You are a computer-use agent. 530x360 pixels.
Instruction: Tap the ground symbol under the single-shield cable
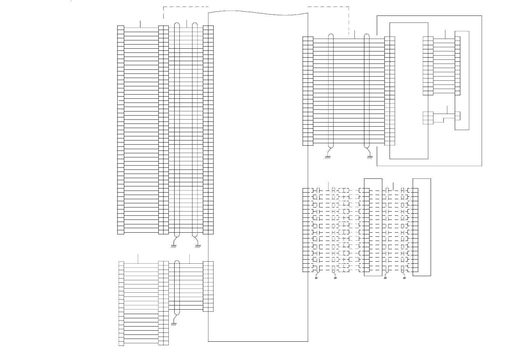pos(174,324)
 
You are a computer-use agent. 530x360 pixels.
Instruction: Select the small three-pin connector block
pos(428,118)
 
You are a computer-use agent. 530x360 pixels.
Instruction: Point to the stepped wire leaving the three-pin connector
pos(443,119)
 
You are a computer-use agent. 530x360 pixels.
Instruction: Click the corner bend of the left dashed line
pos(163,7)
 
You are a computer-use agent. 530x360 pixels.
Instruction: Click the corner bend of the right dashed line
pos(349,7)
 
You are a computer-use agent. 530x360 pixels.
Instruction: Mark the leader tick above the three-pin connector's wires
pos(447,109)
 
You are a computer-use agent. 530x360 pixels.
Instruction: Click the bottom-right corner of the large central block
pos(308,341)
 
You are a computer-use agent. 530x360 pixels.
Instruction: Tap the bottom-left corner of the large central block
pos(208,341)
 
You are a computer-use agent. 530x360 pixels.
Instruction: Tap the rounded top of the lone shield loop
pos(177,262)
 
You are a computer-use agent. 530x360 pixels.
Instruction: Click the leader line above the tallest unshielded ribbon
pos(140,24)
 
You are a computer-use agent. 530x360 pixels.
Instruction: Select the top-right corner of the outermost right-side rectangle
pos(482,16)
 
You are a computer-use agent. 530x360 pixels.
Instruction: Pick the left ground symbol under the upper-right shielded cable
pos(328,157)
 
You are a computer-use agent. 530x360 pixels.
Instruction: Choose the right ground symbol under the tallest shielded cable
pos(198,246)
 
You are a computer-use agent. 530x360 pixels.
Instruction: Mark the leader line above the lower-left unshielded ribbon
pos(138,259)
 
